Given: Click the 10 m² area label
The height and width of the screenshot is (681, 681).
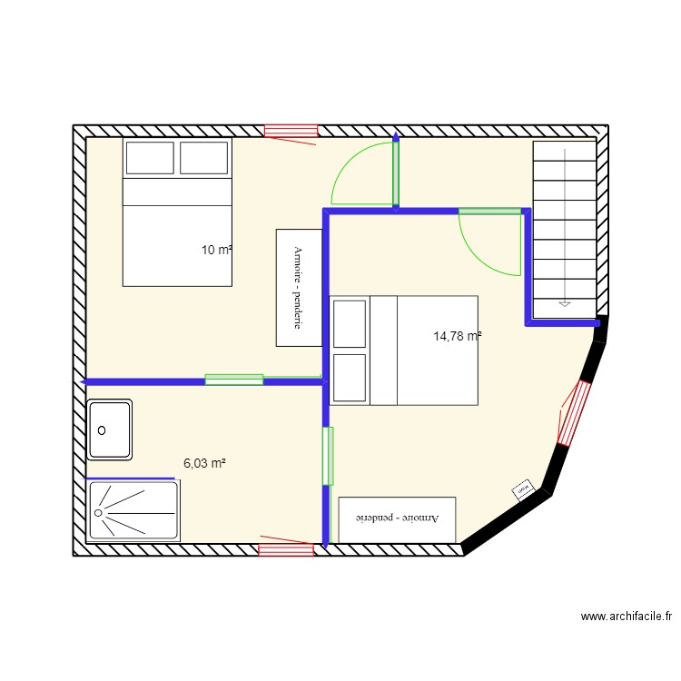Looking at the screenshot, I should (x=217, y=250).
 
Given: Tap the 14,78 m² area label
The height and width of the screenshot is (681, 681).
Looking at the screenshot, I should (x=457, y=336).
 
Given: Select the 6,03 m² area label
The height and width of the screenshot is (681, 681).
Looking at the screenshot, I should (x=204, y=463).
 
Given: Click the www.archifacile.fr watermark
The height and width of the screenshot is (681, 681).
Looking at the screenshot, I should (x=627, y=617).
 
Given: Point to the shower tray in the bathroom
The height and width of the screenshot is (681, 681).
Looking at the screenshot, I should (x=133, y=510).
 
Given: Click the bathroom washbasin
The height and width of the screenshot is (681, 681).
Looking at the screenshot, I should (x=110, y=429).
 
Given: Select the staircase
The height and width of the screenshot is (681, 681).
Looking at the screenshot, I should (x=564, y=230).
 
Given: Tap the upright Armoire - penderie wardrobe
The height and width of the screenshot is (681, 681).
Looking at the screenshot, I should (x=299, y=287).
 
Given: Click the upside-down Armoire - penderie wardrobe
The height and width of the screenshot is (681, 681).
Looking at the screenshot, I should (x=397, y=519).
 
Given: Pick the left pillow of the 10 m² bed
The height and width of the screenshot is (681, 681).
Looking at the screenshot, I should (x=149, y=158).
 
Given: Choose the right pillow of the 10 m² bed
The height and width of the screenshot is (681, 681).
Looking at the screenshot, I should (x=203, y=158).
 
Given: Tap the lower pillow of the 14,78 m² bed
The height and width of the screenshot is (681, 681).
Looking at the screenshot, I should (x=350, y=378).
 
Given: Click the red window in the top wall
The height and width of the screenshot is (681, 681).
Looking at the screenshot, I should (x=291, y=132).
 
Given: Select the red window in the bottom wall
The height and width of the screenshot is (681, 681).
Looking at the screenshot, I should (x=285, y=548).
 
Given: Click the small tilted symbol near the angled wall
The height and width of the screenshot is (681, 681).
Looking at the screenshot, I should (x=523, y=490).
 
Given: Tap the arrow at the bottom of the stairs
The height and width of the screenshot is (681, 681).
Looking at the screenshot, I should (x=564, y=304).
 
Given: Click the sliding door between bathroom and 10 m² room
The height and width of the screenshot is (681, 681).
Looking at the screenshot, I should (x=234, y=380).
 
